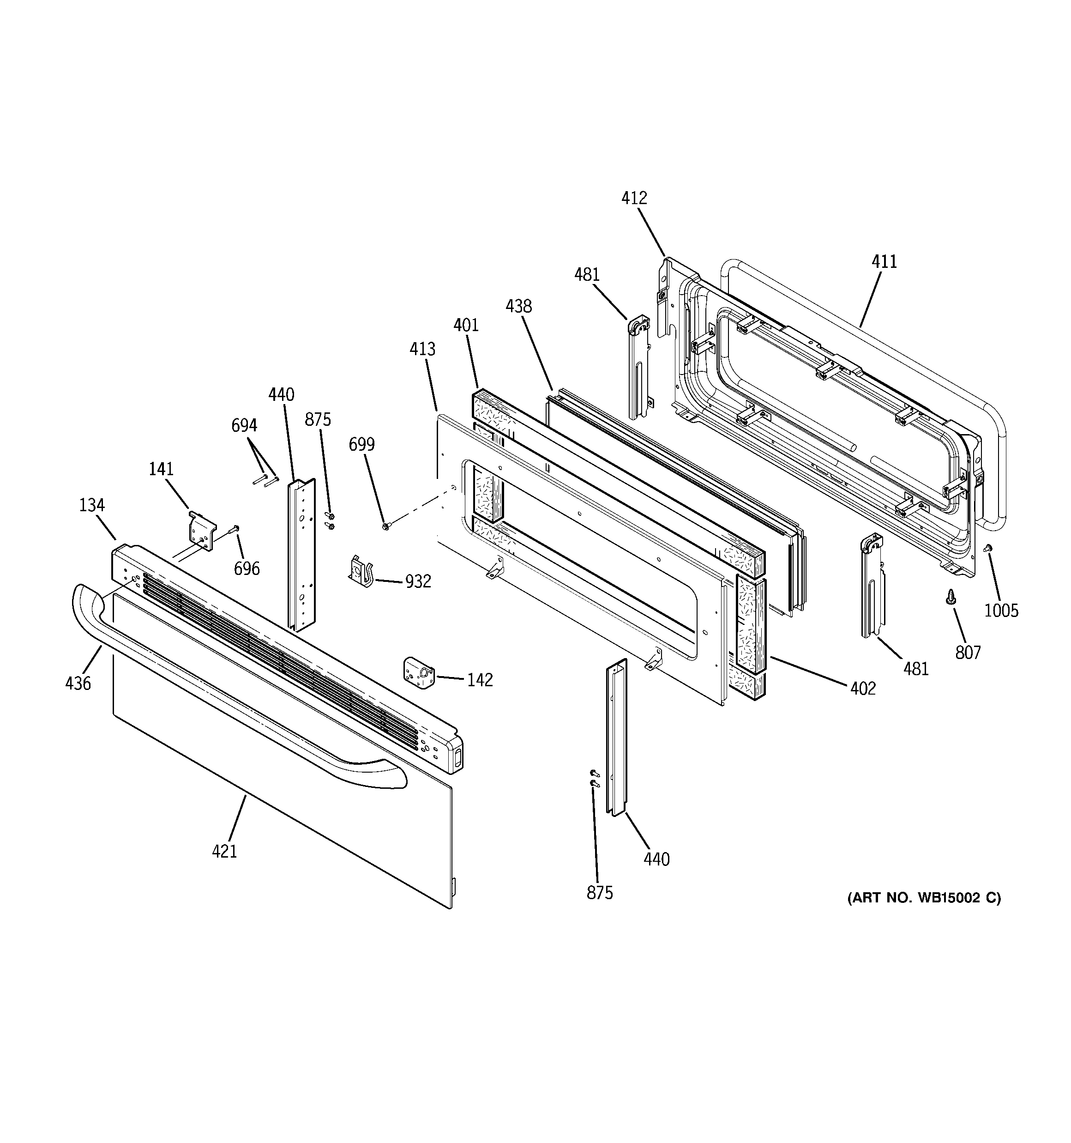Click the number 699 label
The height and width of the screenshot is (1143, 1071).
tap(361, 444)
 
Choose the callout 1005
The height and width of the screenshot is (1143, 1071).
tap(1001, 611)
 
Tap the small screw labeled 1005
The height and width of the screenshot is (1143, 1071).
tap(987, 548)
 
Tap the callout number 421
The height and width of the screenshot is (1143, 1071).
tap(224, 851)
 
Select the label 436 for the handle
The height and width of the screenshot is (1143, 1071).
tap(78, 683)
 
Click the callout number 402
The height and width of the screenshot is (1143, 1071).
tap(862, 688)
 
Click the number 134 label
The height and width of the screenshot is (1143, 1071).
tap(91, 505)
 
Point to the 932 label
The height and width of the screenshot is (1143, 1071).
tap(417, 582)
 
